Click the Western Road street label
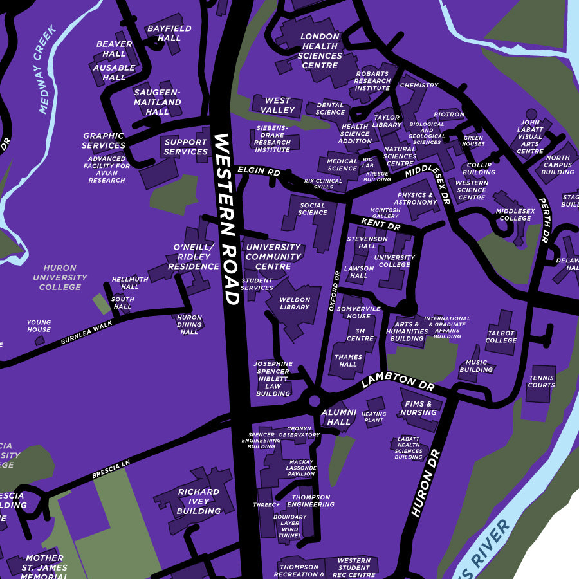pos(226,219)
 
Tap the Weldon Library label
pos(295,303)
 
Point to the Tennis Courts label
pos(541,381)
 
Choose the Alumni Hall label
pos(338,417)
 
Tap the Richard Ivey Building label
pos(199,501)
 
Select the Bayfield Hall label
pos(164,33)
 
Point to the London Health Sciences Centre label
pos(320,51)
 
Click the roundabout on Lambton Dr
pos(315,400)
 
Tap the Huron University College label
pos(60,277)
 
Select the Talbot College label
pos(501,336)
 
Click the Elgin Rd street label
pos(259,172)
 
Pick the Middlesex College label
pos(514,214)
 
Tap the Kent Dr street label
pos(380,224)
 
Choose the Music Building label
pos(476,366)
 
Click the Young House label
pos(39,326)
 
